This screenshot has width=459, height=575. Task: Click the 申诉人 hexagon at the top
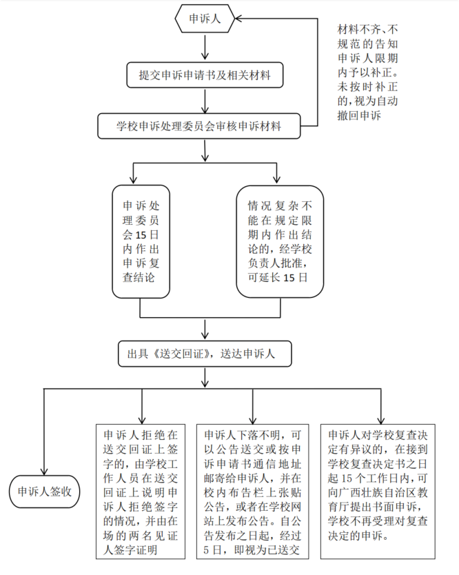click(x=205, y=19)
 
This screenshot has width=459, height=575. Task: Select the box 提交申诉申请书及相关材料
click(x=205, y=74)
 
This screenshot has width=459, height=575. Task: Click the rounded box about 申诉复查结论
click(x=141, y=241)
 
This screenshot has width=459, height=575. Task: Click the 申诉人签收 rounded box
click(x=44, y=492)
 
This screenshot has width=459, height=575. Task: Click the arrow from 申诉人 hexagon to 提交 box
click(x=205, y=47)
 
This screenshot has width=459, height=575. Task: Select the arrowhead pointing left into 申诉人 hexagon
click(x=240, y=19)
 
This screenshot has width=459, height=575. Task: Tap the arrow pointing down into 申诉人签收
click(x=44, y=464)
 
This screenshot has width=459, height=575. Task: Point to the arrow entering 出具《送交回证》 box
click(x=205, y=330)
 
